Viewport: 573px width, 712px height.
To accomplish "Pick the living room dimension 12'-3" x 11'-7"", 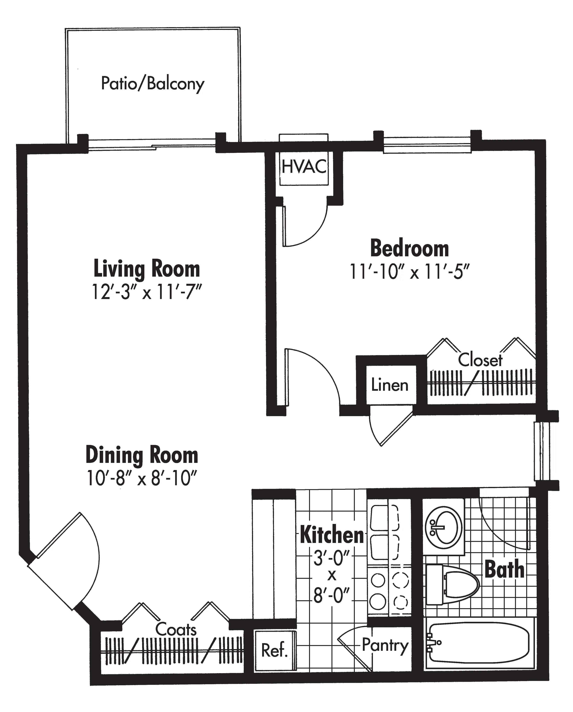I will (x=147, y=292).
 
